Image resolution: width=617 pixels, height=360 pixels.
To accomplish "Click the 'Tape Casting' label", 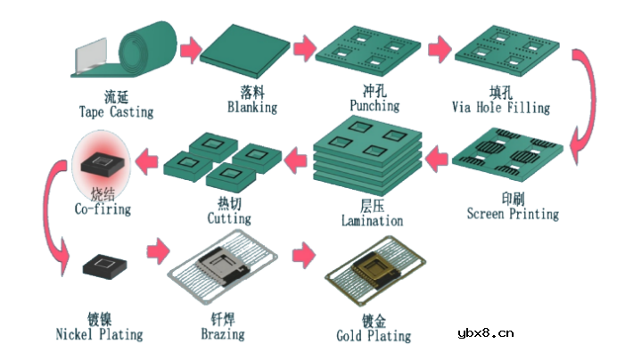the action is (x=116, y=111).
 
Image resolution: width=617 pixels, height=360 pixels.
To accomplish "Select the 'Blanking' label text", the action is (x=252, y=107).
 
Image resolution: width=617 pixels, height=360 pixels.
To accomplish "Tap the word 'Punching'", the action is (x=374, y=105).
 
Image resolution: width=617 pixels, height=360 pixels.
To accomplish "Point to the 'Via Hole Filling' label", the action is (x=501, y=108).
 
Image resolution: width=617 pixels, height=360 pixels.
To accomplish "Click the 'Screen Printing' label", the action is (x=513, y=214).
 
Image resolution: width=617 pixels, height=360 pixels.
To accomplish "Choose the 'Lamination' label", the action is (x=372, y=220).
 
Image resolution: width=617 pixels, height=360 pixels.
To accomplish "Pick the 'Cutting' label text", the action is (x=229, y=218).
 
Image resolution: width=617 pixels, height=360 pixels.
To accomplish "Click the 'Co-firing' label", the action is (x=103, y=209).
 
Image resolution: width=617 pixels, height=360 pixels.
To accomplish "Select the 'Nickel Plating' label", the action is (x=99, y=334).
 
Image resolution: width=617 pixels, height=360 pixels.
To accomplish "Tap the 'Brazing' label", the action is (x=223, y=334).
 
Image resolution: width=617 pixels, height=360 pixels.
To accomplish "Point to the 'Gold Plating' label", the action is (x=374, y=336).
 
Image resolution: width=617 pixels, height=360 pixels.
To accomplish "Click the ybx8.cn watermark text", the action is (x=486, y=333).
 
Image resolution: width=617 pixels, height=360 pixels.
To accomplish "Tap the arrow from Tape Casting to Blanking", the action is (x=191, y=50).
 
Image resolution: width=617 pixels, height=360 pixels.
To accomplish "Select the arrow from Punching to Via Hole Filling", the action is (x=440, y=49).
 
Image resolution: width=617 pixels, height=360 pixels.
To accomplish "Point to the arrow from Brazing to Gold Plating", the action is (x=303, y=255).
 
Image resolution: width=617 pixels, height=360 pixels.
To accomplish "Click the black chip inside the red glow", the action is (x=103, y=163).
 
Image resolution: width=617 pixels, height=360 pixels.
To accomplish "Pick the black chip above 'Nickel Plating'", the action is (x=104, y=266).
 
